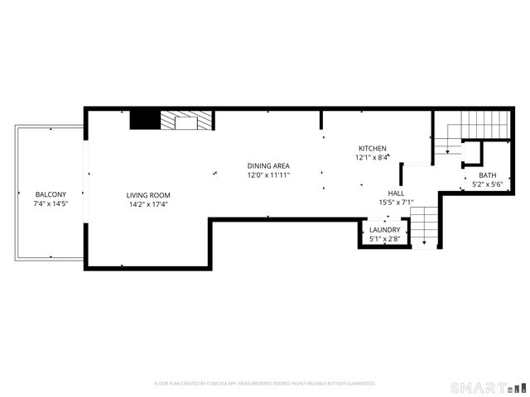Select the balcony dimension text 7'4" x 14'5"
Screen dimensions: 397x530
pyautogui.click(x=50, y=203)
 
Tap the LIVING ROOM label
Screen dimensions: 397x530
pyautogui.click(x=148, y=195)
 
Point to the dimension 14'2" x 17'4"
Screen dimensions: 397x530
pyautogui.click(x=148, y=204)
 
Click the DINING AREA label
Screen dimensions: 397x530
pyautogui.click(x=268, y=165)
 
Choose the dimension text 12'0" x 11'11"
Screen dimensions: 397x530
pyautogui.click(x=268, y=175)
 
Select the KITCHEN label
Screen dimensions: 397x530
pyautogui.click(x=372, y=148)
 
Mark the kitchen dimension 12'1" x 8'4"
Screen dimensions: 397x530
pyautogui.click(x=372, y=157)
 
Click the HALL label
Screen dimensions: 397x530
pyautogui.click(x=396, y=192)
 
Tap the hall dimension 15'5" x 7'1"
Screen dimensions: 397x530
pyautogui.click(x=396, y=201)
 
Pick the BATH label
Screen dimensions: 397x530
pyautogui.click(x=488, y=175)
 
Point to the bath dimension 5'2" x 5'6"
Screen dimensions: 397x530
pyautogui.click(x=488, y=184)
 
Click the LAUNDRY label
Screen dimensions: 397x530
pyautogui.click(x=385, y=230)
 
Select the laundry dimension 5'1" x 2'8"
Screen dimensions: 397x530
pyautogui.click(x=385, y=239)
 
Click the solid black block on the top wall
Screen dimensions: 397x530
pyautogui.click(x=144, y=121)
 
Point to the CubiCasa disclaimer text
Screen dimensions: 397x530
pyautogui.click(x=265, y=384)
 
